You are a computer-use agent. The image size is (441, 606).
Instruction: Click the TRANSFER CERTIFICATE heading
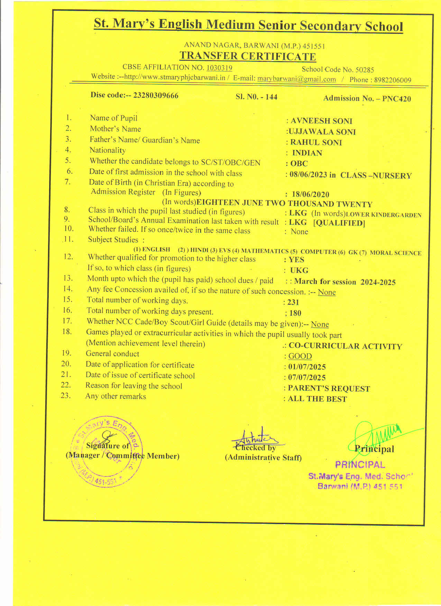[247, 56]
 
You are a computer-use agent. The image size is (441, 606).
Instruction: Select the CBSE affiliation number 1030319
[219, 68]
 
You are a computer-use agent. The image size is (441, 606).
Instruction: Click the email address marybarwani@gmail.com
[296, 79]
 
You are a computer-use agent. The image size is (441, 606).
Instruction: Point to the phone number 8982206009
[393, 80]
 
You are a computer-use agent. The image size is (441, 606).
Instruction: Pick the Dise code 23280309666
[156, 95]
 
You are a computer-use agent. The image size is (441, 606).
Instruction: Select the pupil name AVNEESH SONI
[321, 121]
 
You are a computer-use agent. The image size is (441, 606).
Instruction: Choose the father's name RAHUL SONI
[316, 142]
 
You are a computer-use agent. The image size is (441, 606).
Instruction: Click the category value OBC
[299, 163]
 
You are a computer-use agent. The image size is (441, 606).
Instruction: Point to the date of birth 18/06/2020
[310, 195]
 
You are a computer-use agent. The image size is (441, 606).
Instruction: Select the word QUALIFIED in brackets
[339, 223]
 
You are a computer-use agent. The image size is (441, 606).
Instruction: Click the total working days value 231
[293, 302]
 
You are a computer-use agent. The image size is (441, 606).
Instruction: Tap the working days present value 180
[295, 313]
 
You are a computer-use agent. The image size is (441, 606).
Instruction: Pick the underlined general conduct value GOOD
[300, 356]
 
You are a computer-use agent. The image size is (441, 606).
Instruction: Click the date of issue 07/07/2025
[307, 378]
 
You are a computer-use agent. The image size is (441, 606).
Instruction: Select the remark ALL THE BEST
[317, 399]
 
